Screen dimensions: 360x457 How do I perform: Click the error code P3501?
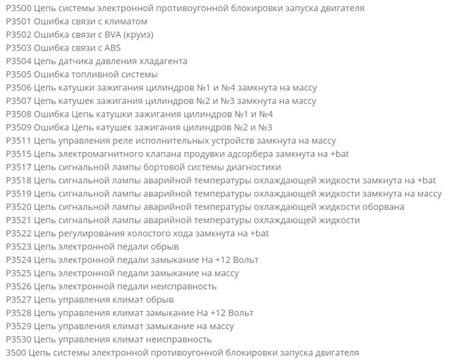18,21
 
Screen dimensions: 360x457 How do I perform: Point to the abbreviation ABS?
112,48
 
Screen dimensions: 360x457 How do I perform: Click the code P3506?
18,87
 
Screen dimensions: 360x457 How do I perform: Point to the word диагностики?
253,167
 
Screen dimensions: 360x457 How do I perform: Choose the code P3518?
18,180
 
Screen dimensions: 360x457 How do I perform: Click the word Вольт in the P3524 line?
238,260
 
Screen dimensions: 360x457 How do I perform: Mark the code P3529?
18,326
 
